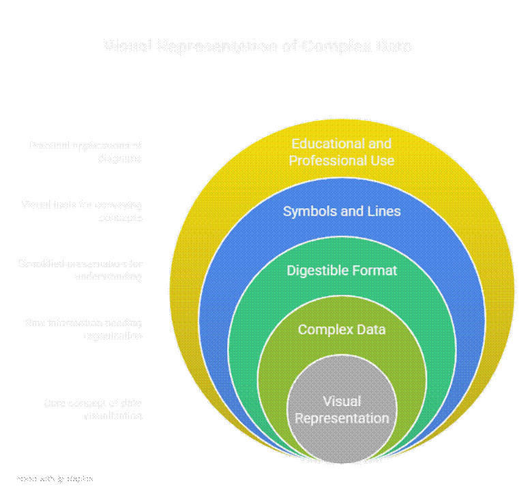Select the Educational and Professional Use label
[342, 152]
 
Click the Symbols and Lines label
[342, 211]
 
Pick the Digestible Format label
[342, 271]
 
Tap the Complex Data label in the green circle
[342, 330]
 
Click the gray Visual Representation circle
[342, 409]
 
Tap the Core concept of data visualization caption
[93, 409]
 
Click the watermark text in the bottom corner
[55, 479]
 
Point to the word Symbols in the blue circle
[306, 211]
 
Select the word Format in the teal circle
[372, 271]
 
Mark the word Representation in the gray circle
[342, 418]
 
